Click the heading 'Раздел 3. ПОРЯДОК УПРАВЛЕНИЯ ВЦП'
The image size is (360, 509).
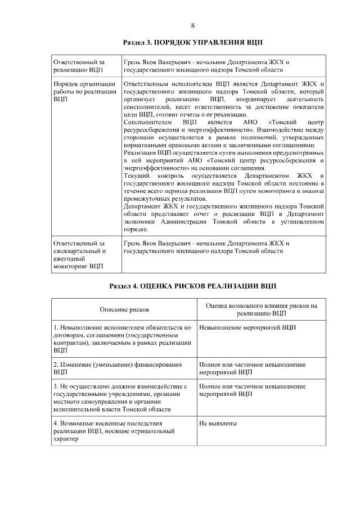click(192, 43)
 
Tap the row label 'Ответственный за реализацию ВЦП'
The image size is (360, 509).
click(79, 66)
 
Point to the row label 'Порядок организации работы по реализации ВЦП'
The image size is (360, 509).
click(84, 91)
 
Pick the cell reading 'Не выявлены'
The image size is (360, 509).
click(218, 423)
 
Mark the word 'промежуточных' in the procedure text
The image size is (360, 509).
click(147, 199)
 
